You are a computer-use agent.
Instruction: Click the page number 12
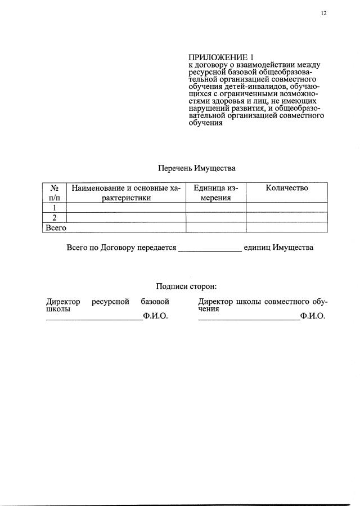click(323, 14)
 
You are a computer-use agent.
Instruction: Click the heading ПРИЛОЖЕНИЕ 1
click(221, 57)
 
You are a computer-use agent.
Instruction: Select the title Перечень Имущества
click(196, 168)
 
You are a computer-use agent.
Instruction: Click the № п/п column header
click(55, 192)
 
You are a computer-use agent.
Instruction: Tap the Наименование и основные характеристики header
click(126, 192)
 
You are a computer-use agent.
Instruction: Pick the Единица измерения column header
click(215, 192)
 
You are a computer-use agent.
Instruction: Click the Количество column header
click(286, 188)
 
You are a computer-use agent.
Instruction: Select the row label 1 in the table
click(55, 207)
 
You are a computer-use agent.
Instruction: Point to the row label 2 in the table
click(55, 217)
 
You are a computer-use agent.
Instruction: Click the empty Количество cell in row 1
click(286, 207)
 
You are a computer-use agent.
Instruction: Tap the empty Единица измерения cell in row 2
click(215, 217)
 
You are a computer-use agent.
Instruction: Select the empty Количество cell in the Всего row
click(286, 227)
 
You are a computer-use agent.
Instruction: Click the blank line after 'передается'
click(210, 249)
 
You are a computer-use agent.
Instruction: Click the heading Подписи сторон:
click(186, 286)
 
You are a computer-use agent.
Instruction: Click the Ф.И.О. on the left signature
click(156, 316)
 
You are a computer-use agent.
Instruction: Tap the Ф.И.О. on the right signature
click(313, 316)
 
